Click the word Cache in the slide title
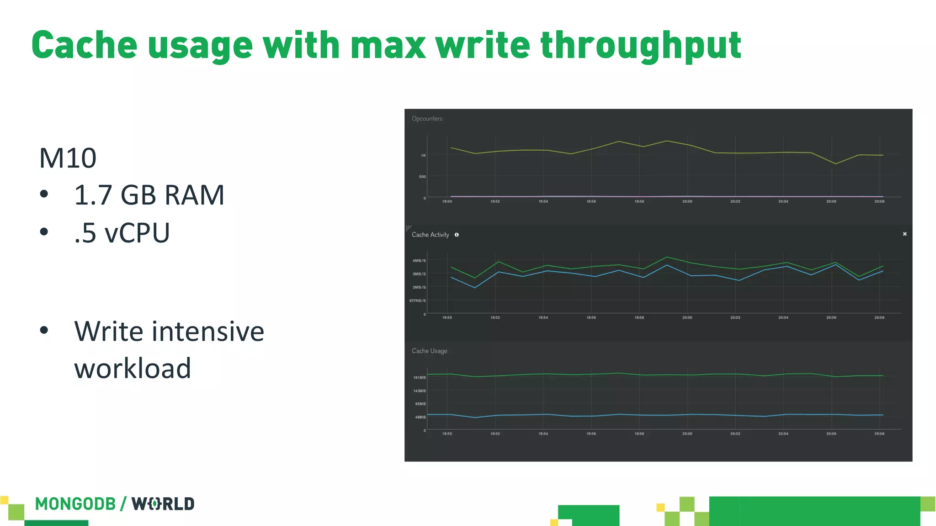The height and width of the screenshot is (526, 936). tap(84, 45)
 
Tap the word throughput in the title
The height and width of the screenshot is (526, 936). tap(640, 46)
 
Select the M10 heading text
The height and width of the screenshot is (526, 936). tap(68, 158)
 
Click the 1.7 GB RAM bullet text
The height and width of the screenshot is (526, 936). tap(149, 195)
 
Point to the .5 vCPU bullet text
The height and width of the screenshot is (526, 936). tap(122, 233)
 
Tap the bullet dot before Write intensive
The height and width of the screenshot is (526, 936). tap(44, 330)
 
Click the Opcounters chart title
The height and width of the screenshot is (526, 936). tap(427, 119)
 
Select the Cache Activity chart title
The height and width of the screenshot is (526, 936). tap(430, 235)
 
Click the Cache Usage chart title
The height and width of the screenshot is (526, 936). tap(429, 351)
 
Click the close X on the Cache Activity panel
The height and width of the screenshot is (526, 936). tap(904, 234)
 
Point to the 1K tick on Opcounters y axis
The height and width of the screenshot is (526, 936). tap(423, 156)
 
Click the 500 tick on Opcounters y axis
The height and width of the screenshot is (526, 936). tap(422, 177)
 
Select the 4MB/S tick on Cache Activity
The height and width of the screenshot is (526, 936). tap(419, 261)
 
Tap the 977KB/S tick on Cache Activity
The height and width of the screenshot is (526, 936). tap(417, 300)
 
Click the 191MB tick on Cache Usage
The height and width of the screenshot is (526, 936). tap(419, 378)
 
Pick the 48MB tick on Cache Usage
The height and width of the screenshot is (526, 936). tap(420, 417)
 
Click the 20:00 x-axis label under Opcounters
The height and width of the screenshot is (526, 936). tap(687, 201)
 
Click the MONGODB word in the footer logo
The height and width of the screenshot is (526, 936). tap(75, 504)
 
